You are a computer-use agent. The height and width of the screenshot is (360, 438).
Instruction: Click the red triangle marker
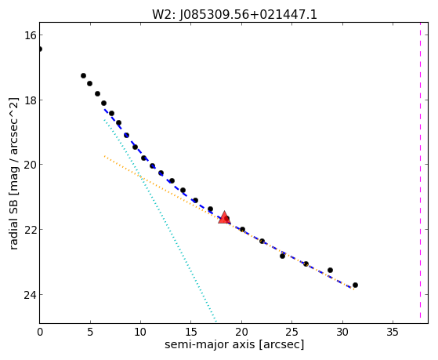(224, 218)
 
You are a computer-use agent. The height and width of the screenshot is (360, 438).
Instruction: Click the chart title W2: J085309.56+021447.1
(234, 14)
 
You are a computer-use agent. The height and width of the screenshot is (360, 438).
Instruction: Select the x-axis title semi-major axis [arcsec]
(234, 344)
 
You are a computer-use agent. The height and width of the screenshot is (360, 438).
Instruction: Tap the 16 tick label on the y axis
(29, 35)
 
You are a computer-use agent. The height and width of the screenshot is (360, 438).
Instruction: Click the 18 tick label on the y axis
(29, 100)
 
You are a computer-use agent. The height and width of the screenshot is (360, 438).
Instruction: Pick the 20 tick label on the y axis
(29, 165)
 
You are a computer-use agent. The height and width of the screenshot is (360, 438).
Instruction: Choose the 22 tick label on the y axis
(29, 229)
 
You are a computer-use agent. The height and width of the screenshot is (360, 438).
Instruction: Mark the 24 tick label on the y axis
(29, 295)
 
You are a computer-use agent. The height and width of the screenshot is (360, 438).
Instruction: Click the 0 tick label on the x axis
(40, 333)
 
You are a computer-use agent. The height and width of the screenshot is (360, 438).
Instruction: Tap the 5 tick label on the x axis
(90, 333)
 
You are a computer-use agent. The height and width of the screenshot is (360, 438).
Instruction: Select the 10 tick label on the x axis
(140, 333)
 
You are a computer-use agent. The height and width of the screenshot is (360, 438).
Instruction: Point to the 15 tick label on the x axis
(191, 333)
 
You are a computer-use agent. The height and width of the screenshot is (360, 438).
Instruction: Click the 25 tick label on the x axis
(292, 333)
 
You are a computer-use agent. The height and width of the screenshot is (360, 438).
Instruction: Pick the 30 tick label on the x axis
(342, 333)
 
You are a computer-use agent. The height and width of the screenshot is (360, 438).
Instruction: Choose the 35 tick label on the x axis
(393, 333)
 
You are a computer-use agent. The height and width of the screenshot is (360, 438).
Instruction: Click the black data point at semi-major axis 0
(40, 49)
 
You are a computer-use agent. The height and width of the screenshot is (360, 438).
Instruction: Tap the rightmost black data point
(355, 285)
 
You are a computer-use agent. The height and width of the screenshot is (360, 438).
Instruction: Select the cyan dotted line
(160, 220)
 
